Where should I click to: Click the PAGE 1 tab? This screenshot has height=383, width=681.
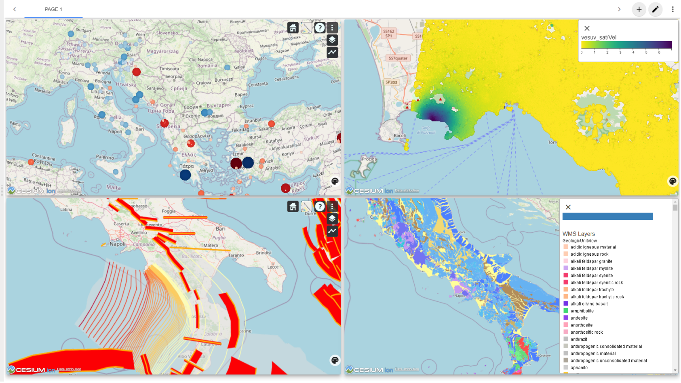(x=53, y=9)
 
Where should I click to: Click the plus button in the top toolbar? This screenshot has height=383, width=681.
(x=639, y=9)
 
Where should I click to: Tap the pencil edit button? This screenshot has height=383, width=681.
(x=655, y=9)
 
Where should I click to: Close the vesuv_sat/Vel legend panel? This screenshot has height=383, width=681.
(x=587, y=28)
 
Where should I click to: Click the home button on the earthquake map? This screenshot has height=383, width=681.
(x=293, y=27)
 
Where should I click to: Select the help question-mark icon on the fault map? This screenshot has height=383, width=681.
(x=320, y=206)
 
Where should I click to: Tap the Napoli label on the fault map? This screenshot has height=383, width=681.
(x=118, y=244)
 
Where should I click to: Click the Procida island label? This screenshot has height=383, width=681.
(x=369, y=159)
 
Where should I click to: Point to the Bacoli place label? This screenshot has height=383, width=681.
(x=399, y=136)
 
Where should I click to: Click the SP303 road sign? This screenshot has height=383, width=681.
(x=391, y=82)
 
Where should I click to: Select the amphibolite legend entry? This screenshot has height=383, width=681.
(x=582, y=311)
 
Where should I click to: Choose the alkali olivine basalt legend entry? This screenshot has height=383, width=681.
(x=589, y=304)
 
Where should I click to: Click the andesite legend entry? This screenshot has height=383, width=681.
(x=579, y=318)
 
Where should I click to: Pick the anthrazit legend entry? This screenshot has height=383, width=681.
(x=579, y=339)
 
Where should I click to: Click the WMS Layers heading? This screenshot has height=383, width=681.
(x=578, y=234)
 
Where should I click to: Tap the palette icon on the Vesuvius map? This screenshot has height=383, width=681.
(x=673, y=181)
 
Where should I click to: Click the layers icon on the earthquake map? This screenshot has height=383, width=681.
(x=332, y=40)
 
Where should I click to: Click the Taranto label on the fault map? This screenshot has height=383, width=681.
(x=236, y=255)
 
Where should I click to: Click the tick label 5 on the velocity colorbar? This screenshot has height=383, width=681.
(x=646, y=52)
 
